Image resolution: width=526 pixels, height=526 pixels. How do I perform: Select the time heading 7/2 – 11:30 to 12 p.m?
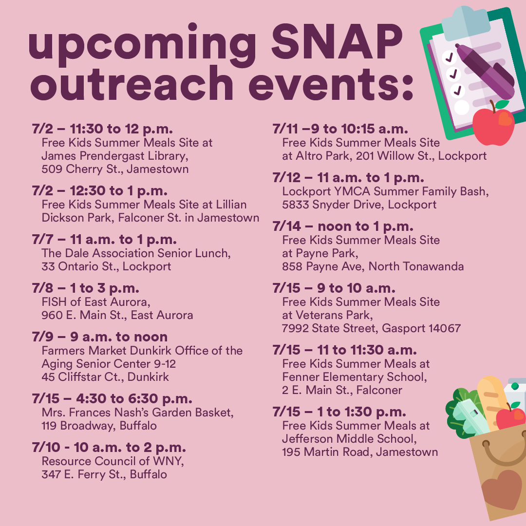tap(102, 130)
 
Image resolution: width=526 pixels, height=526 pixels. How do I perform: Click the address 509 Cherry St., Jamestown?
tap(115, 169)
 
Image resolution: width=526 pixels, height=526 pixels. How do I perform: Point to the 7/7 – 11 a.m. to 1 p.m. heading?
tap(104, 240)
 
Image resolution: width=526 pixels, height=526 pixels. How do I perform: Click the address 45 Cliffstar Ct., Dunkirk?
tap(105, 377)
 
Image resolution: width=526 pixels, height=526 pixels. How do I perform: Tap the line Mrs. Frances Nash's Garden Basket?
tap(137, 413)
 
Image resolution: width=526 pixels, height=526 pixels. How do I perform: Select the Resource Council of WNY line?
tap(113, 461)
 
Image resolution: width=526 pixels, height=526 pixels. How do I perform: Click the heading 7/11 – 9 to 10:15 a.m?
tap(340, 129)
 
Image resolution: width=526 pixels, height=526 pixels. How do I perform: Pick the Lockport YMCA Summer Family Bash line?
tap(385, 191)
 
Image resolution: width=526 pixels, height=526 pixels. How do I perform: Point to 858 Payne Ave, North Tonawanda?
tap(373, 266)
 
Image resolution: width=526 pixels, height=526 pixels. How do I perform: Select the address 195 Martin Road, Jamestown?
tap(360, 452)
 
